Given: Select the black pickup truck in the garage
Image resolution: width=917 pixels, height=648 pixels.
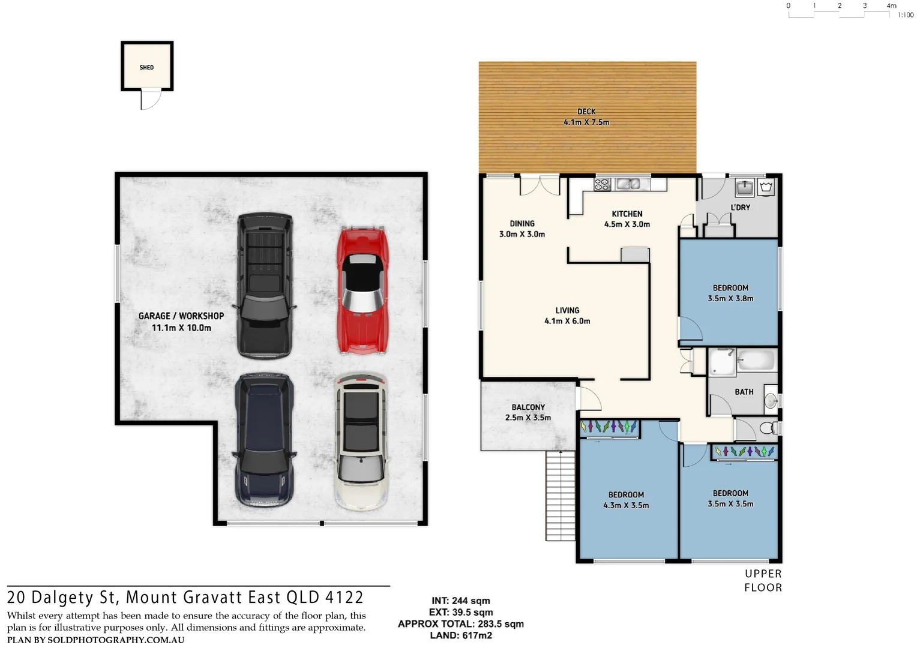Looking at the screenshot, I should pyautogui.click(x=265, y=286).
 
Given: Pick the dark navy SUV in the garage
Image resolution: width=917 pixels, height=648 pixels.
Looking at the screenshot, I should pyautogui.click(x=264, y=440).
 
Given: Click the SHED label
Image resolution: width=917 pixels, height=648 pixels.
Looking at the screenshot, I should pyautogui.click(x=146, y=67).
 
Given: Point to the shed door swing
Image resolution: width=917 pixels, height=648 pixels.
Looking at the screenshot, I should pyautogui.click(x=151, y=99).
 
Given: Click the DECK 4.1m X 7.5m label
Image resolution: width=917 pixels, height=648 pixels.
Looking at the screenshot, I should pyautogui.click(x=586, y=117).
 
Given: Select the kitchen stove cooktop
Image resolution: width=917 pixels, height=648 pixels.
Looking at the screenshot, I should pyautogui.click(x=602, y=184).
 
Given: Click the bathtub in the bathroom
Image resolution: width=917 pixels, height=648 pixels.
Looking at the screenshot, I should pyautogui.click(x=756, y=361).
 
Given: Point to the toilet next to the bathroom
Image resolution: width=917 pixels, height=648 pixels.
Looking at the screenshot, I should pyautogui.click(x=768, y=428).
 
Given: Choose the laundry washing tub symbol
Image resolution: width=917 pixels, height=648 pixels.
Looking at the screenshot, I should pyautogui.click(x=766, y=188).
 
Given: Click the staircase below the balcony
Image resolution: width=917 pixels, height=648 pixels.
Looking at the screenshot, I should pyautogui.click(x=561, y=496).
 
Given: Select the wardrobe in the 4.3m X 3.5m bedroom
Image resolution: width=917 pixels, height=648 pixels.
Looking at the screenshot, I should pyautogui.click(x=609, y=427).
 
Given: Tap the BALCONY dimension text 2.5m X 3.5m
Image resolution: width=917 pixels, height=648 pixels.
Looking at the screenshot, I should pyautogui.click(x=528, y=418).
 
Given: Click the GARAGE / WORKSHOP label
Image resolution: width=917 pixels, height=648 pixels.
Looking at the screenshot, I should pyautogui.click(x=181, y=316).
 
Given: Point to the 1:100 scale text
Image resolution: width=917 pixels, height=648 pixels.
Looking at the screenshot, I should pyautogui.click(x=905, y=15).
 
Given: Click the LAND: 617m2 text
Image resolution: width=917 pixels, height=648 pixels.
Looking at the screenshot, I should pyautogui.click(x=461, y=635).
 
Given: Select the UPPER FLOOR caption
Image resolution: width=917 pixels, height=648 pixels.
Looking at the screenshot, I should pyautogui.click(x=763, y=581).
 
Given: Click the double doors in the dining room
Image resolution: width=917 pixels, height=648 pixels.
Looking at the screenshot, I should pyautogui.click(x=540, y=185).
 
